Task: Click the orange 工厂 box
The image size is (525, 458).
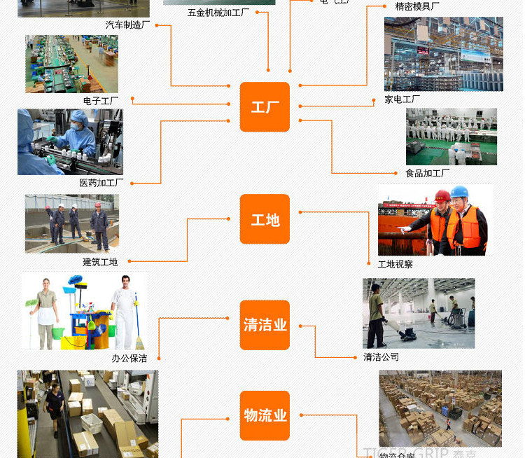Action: (x=265, y=107)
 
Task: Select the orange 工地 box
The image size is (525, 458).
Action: (x=265, y=220)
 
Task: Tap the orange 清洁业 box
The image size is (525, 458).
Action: (x=265, y=325)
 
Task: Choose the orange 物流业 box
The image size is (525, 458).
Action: (x=265, y=415)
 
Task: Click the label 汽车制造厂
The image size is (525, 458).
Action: (x=127, y=25)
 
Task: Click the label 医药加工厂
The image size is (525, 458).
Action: (x=101, y=183)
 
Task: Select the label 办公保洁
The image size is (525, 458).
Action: (x=129, y=358)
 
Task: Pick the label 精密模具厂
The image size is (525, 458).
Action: (x=417, y=6)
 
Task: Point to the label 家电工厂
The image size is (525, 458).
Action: (x=402, y=99)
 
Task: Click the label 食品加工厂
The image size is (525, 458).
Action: (x=428, y=173)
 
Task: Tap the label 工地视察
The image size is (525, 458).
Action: (x=395, y=264)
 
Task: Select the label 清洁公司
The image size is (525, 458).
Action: (x=381, y=356)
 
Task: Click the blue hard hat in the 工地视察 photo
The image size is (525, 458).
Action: (x=459, y=192)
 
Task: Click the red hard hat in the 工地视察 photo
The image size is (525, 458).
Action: (x=442, y=196)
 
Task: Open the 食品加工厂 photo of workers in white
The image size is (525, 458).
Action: (x=451, y=137)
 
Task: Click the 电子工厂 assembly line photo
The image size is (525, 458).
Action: (x=71, y=64)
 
